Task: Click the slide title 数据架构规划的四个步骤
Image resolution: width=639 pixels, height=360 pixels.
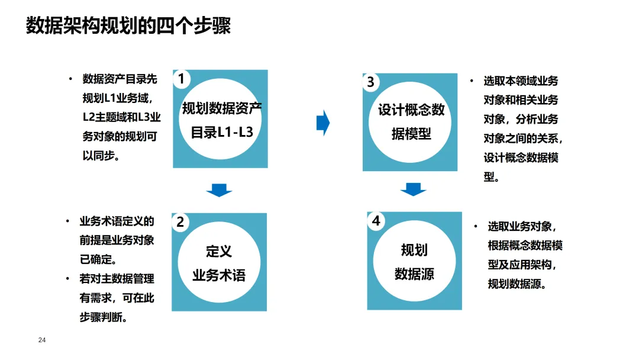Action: (128, 27)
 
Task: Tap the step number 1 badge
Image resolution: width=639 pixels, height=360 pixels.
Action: (181, 79)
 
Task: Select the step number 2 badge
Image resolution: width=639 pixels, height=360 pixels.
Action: (180, 222)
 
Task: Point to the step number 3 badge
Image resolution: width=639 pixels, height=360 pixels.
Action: (370, 82)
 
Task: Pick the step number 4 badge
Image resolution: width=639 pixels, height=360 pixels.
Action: (376, 221)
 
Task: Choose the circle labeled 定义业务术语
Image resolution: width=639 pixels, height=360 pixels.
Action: (219, 263)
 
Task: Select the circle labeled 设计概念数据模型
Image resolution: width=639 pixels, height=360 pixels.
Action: (411, 122)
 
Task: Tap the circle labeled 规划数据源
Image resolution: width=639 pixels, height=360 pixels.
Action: (414, 262)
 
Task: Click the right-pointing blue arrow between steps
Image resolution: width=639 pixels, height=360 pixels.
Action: (323, 123)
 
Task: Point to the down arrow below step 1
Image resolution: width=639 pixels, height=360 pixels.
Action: (219, 190)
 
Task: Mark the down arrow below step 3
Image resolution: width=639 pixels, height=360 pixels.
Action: (413, 189)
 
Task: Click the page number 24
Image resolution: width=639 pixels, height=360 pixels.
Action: (42, 340)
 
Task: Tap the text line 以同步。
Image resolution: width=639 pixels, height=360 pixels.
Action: (101, 156)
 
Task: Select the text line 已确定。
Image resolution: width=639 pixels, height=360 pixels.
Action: (98, 259)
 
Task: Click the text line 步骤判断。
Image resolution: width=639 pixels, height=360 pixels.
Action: (104, 317)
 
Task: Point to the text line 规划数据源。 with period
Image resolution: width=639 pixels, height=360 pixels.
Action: (517, 284)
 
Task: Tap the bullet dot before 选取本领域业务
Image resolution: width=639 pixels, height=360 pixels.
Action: (472, 81)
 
